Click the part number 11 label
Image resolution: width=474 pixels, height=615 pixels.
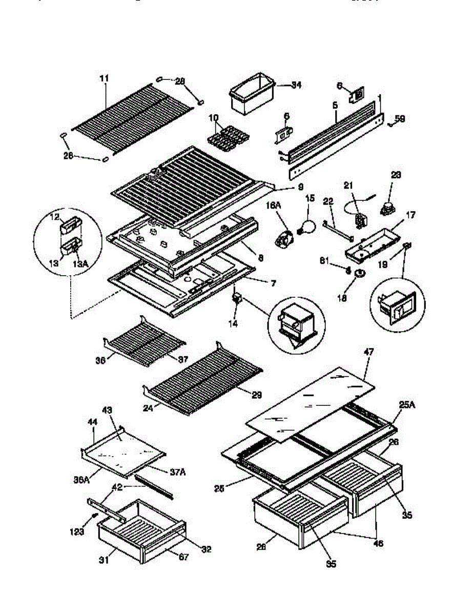(x=104, y=78)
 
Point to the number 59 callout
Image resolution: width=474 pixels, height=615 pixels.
(x=400, y=119)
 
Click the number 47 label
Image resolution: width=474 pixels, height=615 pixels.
(x=369, y=352)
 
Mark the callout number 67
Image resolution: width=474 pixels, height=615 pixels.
(x=184, y=557)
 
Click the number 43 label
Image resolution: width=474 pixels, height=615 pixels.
(x=108, y=411)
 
